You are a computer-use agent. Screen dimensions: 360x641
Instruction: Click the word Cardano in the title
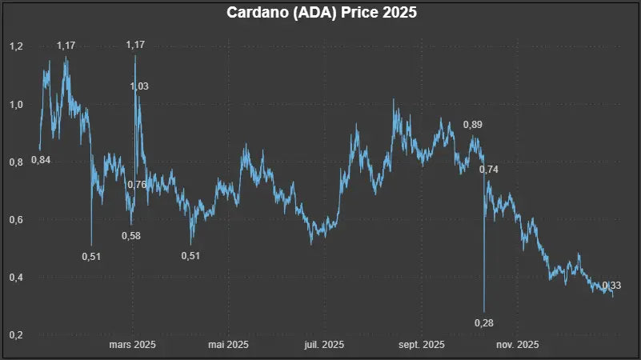pos(257,14)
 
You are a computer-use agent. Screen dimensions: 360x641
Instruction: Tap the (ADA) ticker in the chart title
pos(316,14)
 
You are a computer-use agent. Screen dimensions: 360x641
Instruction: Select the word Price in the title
pos(362,14)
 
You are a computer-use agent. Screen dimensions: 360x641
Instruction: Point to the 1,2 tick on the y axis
pos(16,47)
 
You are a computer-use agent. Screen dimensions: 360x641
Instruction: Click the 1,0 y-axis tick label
pos(16,105)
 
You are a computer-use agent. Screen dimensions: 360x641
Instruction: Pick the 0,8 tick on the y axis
pos(16,162)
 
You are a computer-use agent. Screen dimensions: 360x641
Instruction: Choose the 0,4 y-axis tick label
pos(16,278)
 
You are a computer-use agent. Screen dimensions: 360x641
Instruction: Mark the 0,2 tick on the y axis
pos(16,335)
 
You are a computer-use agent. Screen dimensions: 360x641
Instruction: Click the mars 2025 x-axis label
pos(132,345)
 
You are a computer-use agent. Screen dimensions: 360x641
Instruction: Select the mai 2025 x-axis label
pos(228,345)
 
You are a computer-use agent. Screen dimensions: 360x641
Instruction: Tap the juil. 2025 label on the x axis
pos(324,345)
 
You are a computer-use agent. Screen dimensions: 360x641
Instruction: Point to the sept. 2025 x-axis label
pos(421,345)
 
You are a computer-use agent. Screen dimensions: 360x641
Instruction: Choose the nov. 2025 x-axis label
pos(517,345)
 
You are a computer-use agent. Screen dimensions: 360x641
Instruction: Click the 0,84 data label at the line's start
pos(41,160)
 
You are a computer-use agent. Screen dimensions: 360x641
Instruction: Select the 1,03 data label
pos(139,86)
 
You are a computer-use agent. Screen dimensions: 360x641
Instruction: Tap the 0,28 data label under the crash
pos(484,322)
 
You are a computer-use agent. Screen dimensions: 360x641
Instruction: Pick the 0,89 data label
pos(473,125)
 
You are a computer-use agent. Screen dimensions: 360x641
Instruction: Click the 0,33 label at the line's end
pos(611,286)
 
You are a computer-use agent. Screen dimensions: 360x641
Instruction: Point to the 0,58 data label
pos(131,236)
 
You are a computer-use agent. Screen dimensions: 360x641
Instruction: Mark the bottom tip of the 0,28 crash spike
pos(484,311)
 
